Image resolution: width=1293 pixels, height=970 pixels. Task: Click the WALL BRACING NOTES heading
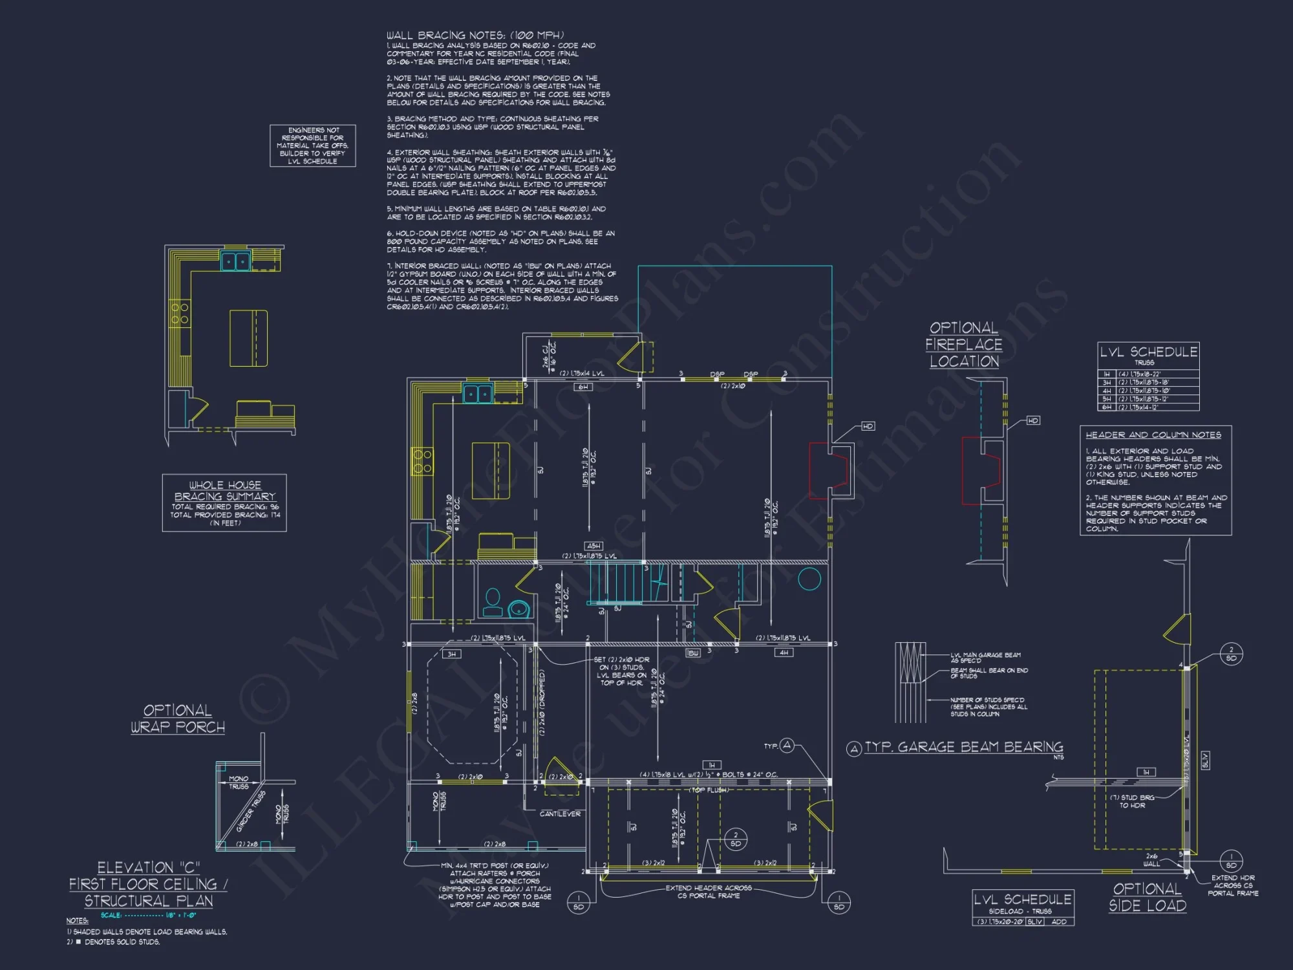pos(475,35)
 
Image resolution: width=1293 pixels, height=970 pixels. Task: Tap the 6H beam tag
pos(583,387)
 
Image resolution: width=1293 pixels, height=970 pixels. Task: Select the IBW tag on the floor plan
pos(692,653)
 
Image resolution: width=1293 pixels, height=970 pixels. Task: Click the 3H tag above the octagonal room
pos(452,654)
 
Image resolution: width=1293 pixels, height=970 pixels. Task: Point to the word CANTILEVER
pos(560,814)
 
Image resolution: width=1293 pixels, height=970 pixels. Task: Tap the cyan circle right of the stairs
pos(809,578)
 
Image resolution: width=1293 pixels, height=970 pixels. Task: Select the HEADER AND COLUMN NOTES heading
pos(1153,435)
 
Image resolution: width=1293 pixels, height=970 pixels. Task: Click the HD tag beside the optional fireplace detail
pos(1032,420)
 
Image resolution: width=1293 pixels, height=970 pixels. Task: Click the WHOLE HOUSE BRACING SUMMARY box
pos(224,503)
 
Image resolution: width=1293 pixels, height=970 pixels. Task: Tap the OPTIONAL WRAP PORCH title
pos(178,718)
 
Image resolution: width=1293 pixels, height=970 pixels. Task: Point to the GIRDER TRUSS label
pos(251,811)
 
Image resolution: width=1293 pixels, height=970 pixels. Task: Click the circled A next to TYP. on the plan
pos(786,746)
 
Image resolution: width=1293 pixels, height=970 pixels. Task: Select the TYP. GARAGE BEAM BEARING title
pos(963,748)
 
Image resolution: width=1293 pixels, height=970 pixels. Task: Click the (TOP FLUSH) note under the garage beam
pos(709,790)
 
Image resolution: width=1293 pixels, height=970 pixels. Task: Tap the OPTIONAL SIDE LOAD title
pos(1148,897)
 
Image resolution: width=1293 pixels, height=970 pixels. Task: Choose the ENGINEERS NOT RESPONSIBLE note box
pos(313,145)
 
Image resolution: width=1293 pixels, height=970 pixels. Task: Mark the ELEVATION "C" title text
pos(149,867)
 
